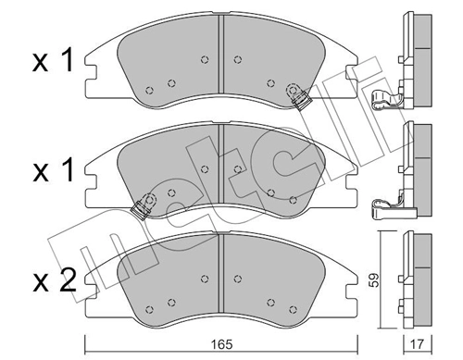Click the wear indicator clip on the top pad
[x=296, y=94]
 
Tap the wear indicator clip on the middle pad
[x=144, y=205]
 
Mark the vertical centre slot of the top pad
[x=220, y=61]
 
